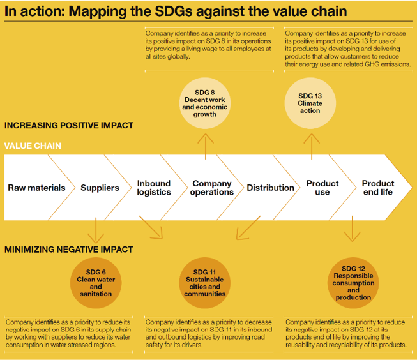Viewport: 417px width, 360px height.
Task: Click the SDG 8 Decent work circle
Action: pos(205,103)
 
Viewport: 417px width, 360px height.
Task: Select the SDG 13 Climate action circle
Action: pos(310,103)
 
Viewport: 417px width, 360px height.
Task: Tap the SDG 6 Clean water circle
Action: pos(96,283)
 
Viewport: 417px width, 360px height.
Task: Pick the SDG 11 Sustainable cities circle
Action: pos(205,283)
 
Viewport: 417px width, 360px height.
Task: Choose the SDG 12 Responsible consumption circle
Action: pos(353,283)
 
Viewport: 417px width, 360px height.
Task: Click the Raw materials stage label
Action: pos(36,188)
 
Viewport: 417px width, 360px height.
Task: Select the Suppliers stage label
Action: pos(100,188)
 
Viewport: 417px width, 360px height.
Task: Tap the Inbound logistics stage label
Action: pos(154,188)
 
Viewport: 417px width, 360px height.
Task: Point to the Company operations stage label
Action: pos(211,188)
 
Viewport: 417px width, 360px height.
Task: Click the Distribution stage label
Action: pos(271,188)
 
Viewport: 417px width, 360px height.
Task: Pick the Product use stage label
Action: pos(322,188)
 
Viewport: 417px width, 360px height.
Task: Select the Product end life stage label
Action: pos(378,188)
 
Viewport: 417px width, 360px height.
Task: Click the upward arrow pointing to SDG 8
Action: pos(206,147)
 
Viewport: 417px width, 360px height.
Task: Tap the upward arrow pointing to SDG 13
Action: pos(312,147)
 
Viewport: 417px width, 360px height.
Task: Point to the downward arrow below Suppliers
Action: pos(96,230)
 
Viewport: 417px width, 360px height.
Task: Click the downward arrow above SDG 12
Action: pos(352,229)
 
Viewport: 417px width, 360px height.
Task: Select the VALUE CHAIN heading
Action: pos(33,146)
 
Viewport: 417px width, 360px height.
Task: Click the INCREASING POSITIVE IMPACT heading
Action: pos(68,125)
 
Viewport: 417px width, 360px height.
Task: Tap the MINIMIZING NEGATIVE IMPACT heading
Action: pos(68,250)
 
